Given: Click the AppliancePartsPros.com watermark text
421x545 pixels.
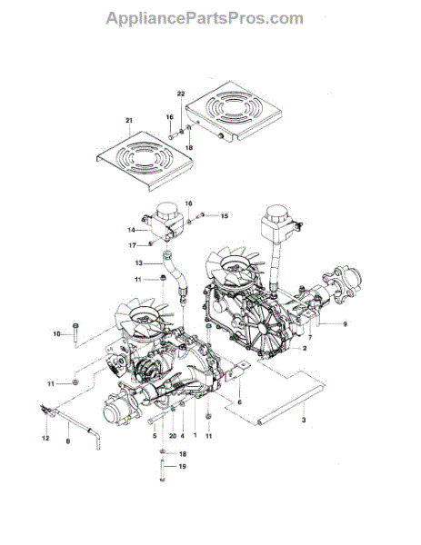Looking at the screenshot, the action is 205,18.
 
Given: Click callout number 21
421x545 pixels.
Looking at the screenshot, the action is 129,121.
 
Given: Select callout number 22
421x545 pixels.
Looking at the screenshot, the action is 181,94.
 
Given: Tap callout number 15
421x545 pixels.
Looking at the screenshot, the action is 225,216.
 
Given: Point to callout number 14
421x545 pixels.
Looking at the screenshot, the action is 131,230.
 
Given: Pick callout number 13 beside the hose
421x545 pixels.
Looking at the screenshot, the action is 139,263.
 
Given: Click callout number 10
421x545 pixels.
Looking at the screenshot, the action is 56,334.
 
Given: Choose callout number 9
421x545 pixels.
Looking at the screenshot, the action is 345,324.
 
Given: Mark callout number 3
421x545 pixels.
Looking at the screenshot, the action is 304,420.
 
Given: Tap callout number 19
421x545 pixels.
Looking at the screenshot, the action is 183,467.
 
